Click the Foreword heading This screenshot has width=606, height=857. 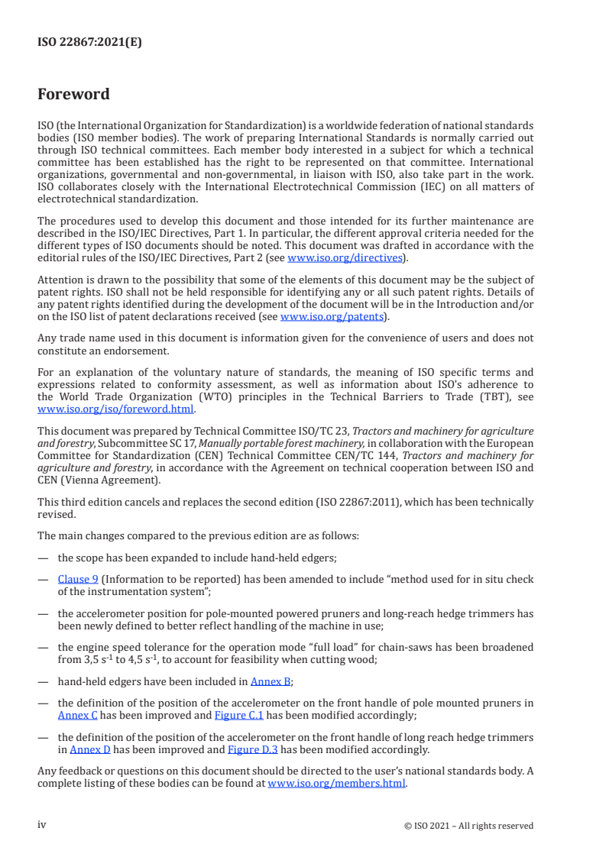(73, 95)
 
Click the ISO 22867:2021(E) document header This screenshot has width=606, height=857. (89, 43)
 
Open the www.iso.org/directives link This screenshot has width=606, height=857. (345, 257)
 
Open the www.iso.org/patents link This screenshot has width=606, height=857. (333, 316)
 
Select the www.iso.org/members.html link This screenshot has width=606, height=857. (336, 783)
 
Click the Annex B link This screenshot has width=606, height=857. (271, 681)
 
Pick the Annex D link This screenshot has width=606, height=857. (90, 749)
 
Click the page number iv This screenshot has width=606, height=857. (42, 825)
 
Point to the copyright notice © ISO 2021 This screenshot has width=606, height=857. (468, 826)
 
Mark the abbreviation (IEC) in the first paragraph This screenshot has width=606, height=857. (435, 187)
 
